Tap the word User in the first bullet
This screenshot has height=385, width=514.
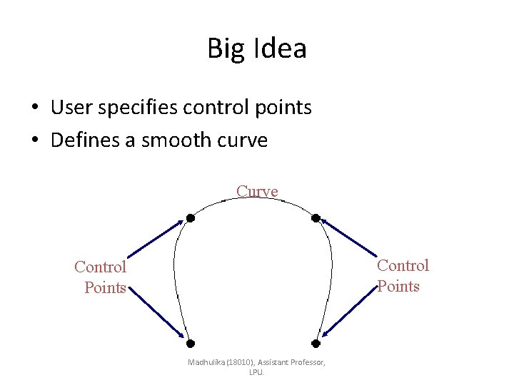pos(70,107)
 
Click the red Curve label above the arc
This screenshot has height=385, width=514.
pos(257,191)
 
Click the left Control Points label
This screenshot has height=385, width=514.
pos(101,277)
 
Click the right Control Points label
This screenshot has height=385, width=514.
pos(402,276)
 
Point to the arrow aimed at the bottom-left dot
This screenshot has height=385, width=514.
pos(156,312)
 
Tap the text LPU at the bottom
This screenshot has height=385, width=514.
pos(256,372)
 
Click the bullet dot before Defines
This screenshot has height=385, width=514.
pos(34,141)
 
